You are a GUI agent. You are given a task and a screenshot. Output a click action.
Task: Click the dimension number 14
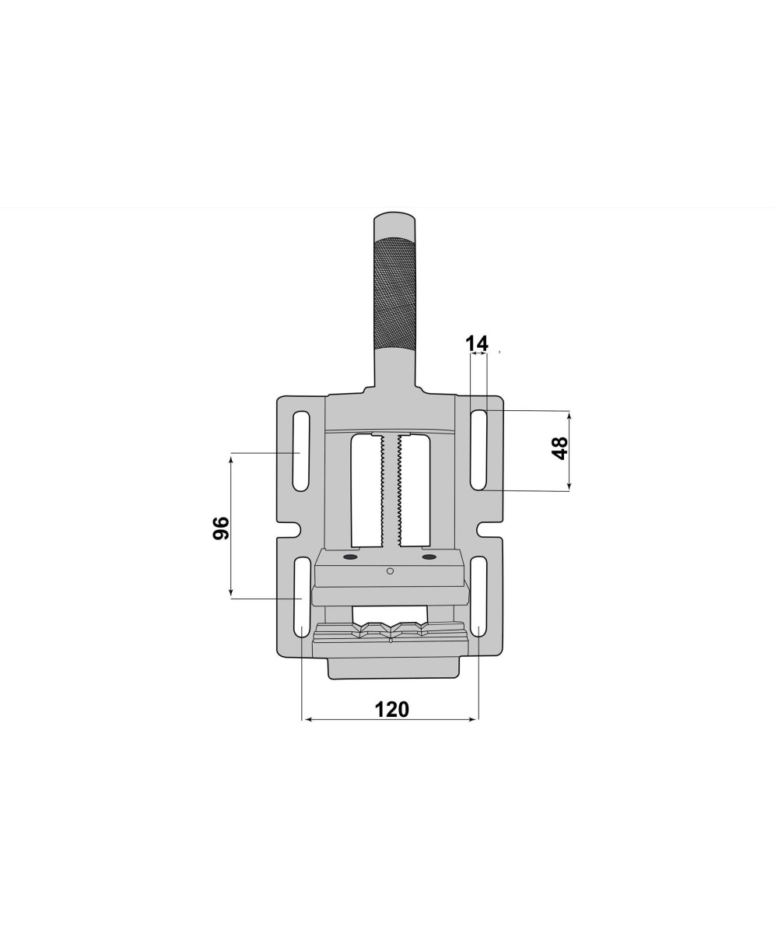click(x=477, y=344)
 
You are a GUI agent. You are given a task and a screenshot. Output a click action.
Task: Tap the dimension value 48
click(x=560, y=448)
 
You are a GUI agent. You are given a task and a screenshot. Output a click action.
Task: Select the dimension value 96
click(x=220, y=528)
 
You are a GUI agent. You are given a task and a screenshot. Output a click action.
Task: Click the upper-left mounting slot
click(x=300, y=451)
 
